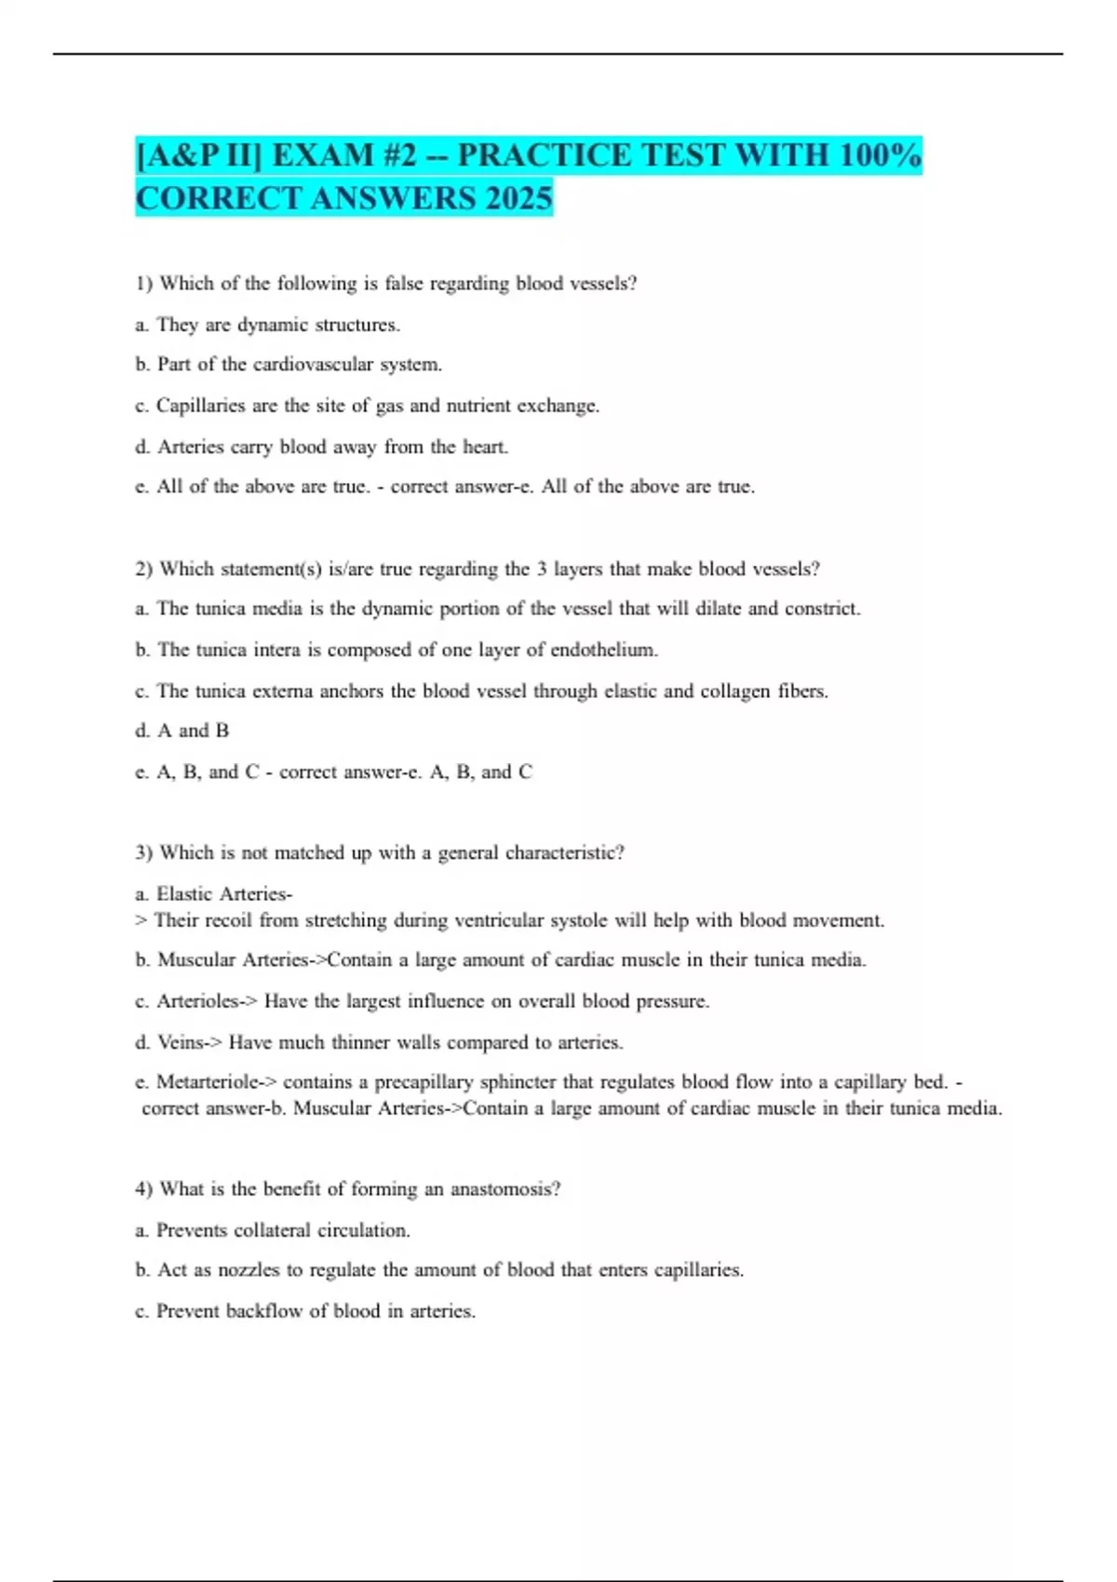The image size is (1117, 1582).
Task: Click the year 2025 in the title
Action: [514, 198]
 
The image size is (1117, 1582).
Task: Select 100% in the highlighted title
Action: [880, 155]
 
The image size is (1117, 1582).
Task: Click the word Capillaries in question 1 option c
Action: [205, 406]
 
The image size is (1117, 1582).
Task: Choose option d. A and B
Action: [182, 731]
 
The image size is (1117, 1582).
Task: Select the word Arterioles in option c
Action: [197, 1001]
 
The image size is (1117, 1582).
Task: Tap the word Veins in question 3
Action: [180, 1042]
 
